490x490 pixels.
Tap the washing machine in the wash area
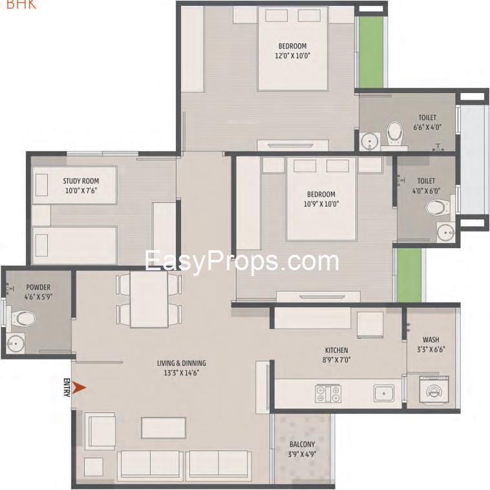434,390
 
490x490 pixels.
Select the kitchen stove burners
328,394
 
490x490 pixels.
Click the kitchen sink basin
384,394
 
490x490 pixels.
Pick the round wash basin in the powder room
15,343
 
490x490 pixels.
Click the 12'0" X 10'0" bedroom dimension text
292,56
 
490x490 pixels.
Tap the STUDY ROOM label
81,181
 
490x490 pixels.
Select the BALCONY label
302,444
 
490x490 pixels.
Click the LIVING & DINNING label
182,363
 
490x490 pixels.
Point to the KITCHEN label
337,350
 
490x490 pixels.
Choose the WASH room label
431,339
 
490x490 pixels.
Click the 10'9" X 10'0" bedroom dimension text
321,204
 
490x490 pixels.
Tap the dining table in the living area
149,300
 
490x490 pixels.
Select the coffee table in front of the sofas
164,427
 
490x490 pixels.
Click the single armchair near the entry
100,431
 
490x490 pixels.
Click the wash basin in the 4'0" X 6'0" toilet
445,231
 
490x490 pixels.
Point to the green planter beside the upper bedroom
370,52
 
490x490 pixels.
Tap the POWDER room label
38,287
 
